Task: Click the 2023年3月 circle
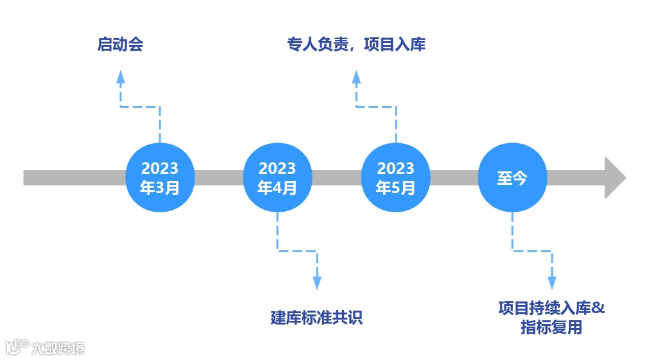pyautogui.click(x=160, y=178)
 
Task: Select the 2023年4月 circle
pyautogui.click(x=277, y=178)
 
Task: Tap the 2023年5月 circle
pyautogui.click(x=395, y=178)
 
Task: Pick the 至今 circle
pyautogui.click(x=512, y=178)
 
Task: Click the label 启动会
pyautogui.click(x=120, y=44)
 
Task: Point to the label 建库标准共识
pyautogui.click(x=316, y=317)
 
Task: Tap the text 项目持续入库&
pyautogui.click(x=551, y=307)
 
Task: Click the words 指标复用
pyautogui.click(x=551, y=327)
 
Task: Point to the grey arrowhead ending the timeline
pyautogui.click(x=615, y=178)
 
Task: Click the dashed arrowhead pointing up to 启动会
pyautogui.click(x=120, y=77)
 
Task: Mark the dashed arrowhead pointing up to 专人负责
pyautogui.click(x=356, y=77)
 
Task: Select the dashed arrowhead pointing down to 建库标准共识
pyautogui.click(x=316, y=282)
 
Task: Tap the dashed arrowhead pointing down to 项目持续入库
pyautogui.click(x=552, y=282)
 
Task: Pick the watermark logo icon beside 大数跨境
pyautogui.click(x=17, y=347)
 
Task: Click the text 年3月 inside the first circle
pyautogui.click(x=160, y=188)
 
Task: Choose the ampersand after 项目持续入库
pyautogui.click(x=598, y=307)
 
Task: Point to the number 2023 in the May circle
pyautogui.click(x=395, y=168)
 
